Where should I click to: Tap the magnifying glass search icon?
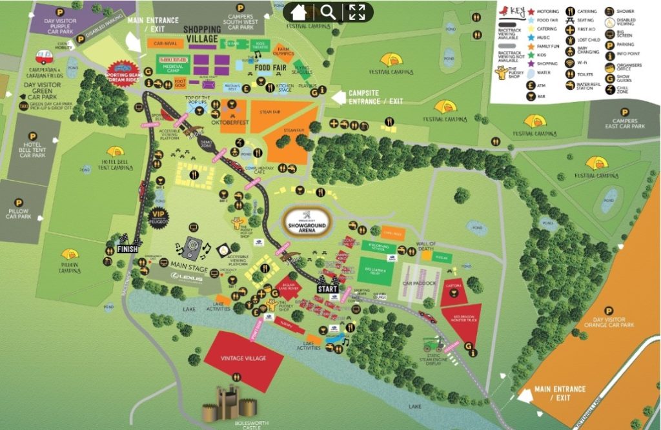click(x=327, y=12)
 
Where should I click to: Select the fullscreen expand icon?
click(x=357, y=12)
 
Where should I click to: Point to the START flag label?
click(x=327, y=289)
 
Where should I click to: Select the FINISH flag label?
click(x=125, y=250)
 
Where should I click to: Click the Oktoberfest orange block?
click(x=234, y=114)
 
